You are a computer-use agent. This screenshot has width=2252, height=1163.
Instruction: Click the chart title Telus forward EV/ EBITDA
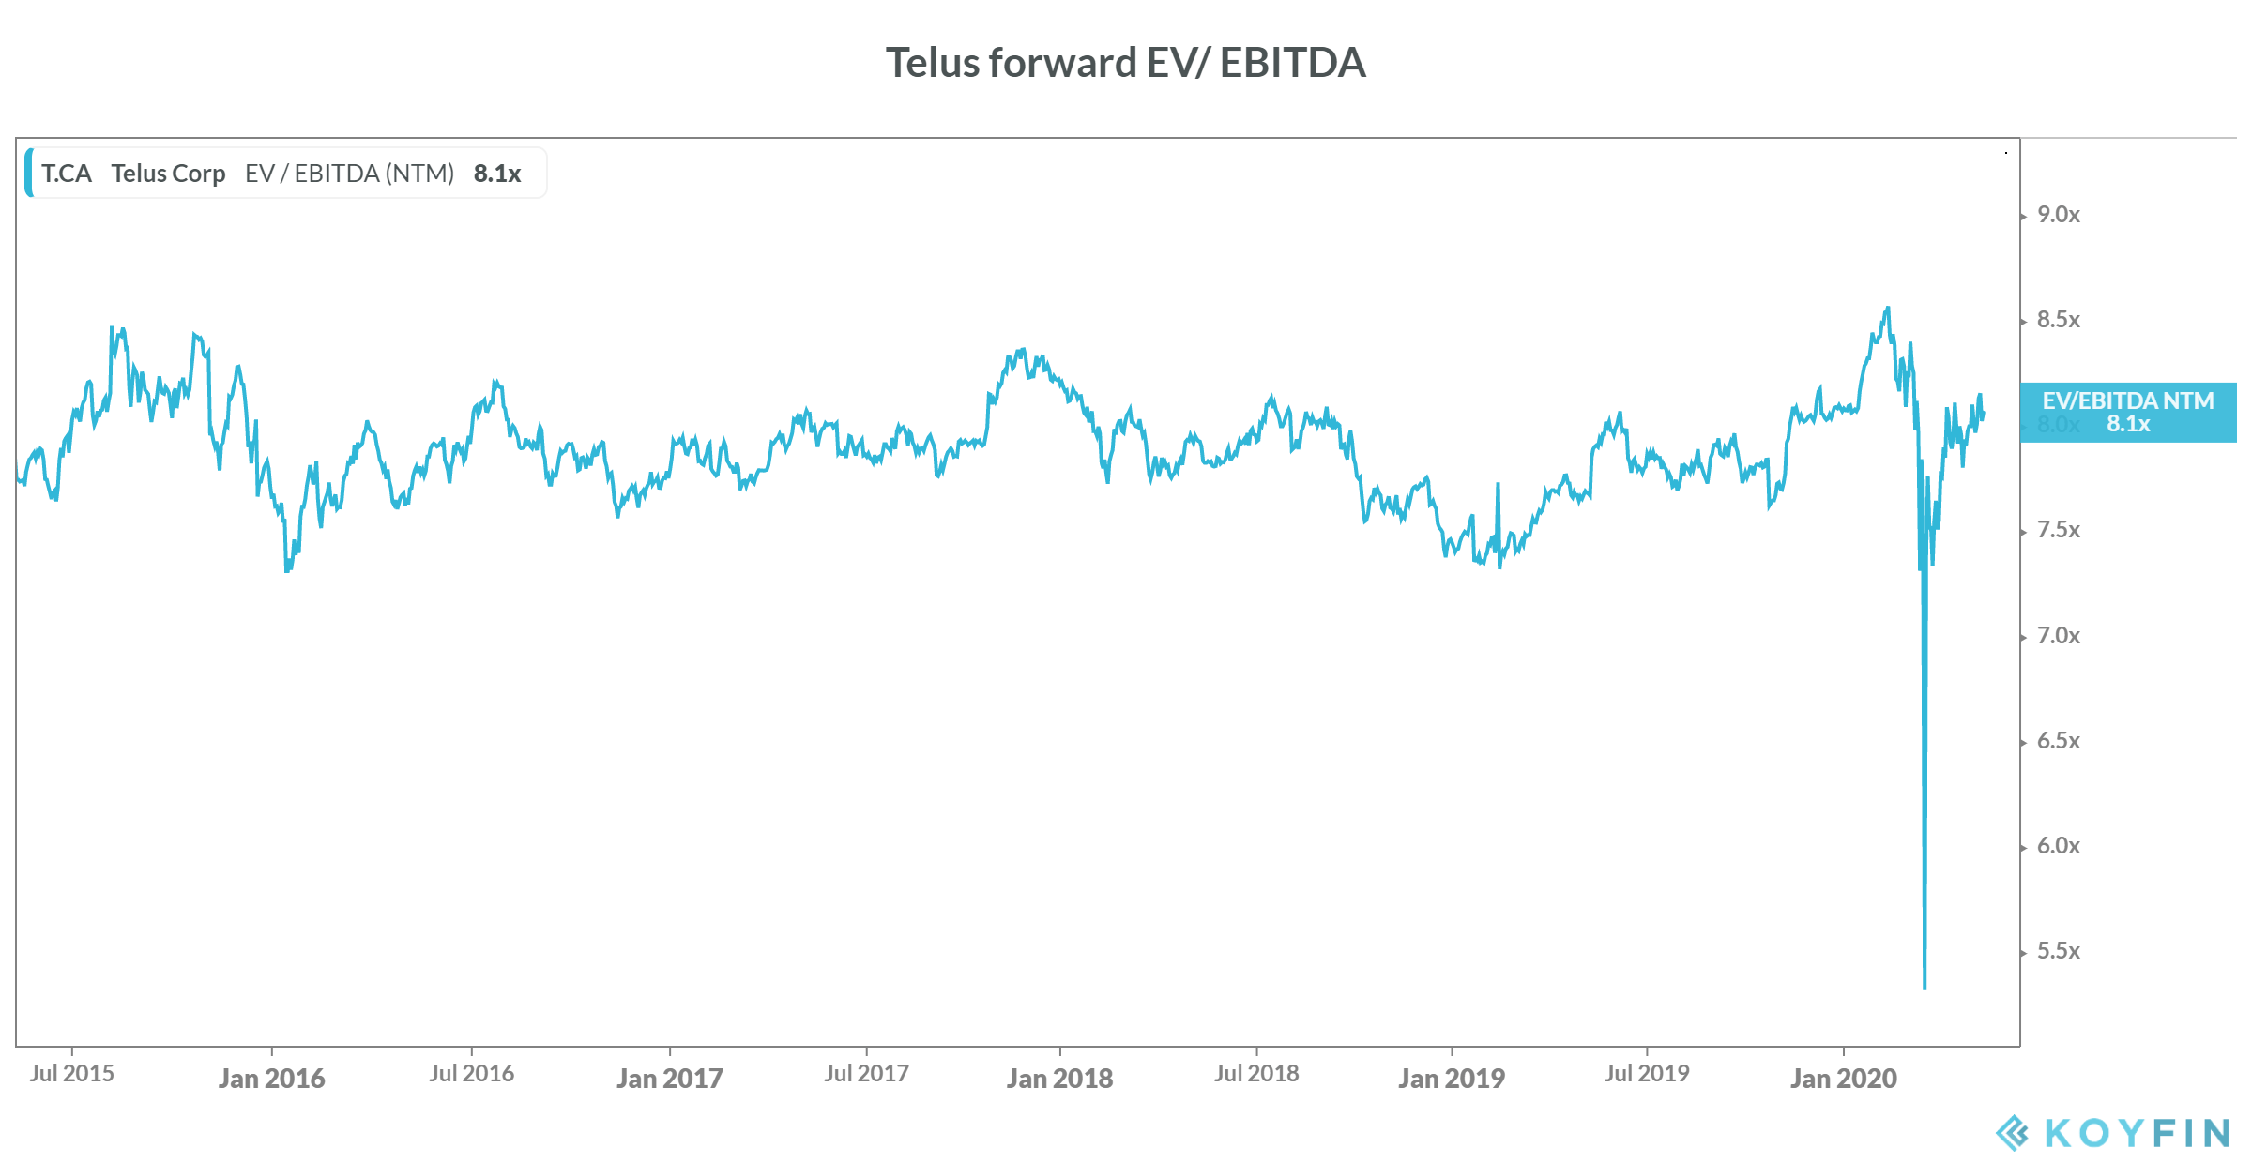(x=1125, y=63)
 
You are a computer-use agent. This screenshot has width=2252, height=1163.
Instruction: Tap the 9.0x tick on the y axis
(x=2058, y=215)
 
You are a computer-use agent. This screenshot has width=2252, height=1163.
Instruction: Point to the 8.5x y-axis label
(x=2058, y=320)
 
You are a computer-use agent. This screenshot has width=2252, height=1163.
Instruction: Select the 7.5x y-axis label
(x=2058, y=530)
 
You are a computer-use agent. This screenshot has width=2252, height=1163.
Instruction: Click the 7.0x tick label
(x=2058, y=636)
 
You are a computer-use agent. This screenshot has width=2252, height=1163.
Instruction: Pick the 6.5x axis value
(x=2058, y=741)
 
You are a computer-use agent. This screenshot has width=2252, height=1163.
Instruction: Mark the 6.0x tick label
(x=2058, y=846)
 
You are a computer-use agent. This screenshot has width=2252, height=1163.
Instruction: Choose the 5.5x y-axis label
(x=2058, y=951)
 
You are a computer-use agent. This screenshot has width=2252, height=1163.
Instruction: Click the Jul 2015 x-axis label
(x=71, y=1074)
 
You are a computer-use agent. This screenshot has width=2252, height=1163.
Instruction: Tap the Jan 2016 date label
(x=271, y=1079)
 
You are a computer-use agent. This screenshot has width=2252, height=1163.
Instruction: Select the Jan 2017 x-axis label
(x=669, y=1079)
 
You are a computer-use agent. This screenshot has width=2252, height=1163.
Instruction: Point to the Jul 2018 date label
(x=1256, y=1074)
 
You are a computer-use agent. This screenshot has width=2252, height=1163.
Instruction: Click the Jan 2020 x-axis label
(x=1843, y=1079)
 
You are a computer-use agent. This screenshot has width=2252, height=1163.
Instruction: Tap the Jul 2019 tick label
(x=1647, y=1074)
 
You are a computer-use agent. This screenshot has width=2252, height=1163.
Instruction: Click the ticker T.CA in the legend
(x=66, y=174)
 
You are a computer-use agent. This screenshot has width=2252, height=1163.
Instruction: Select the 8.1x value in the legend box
(x=496, y=174)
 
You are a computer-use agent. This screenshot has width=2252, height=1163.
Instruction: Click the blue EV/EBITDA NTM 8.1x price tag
(x=2127, y=413)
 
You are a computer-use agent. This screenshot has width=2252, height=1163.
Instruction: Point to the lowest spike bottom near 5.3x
(x=1925, y=987)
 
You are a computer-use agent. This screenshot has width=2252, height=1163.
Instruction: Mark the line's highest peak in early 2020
(x=1888, y=308)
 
